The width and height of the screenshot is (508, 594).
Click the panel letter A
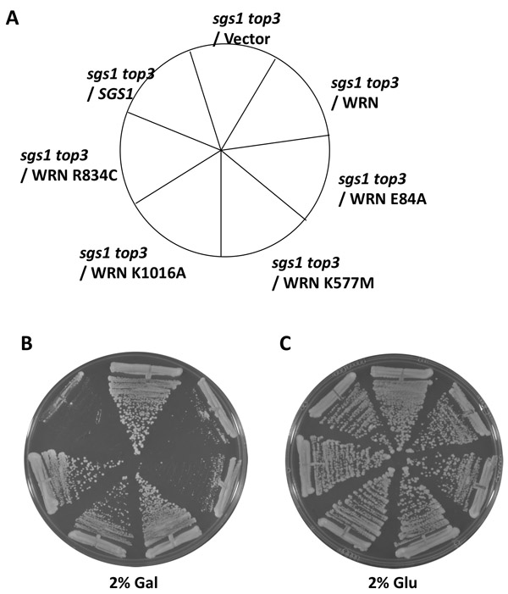[14, 16]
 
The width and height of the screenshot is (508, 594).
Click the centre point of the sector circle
[222, 152]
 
